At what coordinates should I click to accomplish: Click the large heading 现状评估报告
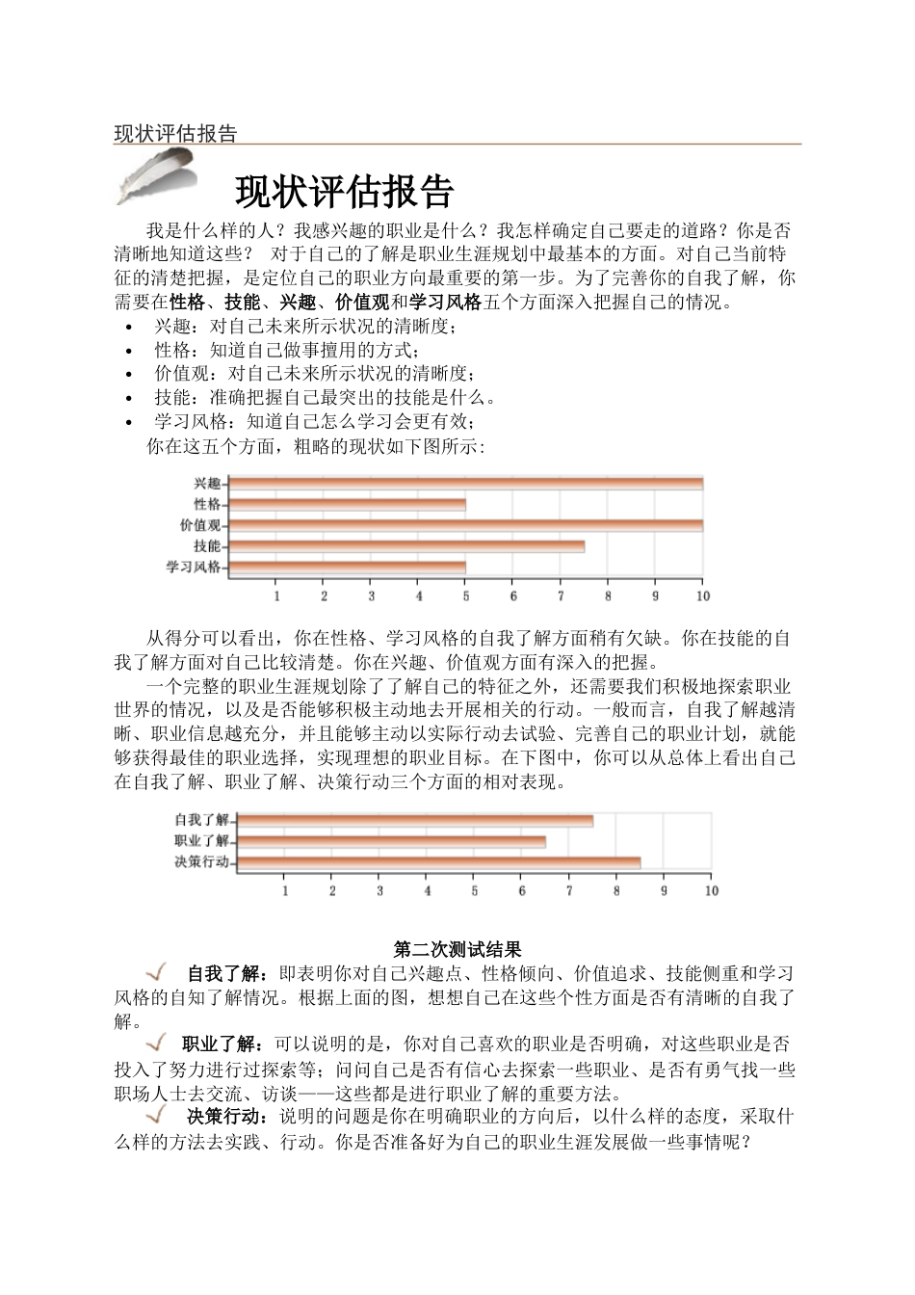[344, 193]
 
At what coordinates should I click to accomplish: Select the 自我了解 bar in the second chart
[414, 820]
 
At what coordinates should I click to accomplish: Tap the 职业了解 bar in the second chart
[391, 841]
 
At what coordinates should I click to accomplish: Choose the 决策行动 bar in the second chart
[438, 862]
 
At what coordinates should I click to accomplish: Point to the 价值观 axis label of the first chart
[199, 525]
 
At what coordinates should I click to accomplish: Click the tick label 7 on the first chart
[561, 596]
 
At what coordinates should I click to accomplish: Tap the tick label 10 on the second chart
[711, 891]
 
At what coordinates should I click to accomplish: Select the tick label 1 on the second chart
[285, 891]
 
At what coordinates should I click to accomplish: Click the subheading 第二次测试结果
[457, 950]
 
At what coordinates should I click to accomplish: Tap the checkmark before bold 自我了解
[157, 971]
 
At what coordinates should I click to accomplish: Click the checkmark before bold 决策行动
[157, 1116]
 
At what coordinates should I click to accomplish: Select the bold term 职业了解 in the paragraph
[218, 1044]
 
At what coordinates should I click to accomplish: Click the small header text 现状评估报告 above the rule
[175, 134]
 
